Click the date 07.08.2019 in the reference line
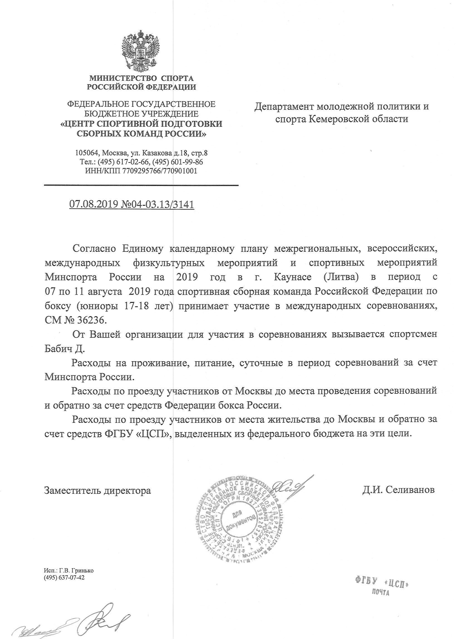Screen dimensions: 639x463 pos(93,204)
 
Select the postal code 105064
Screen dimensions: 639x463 pos(87,153)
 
